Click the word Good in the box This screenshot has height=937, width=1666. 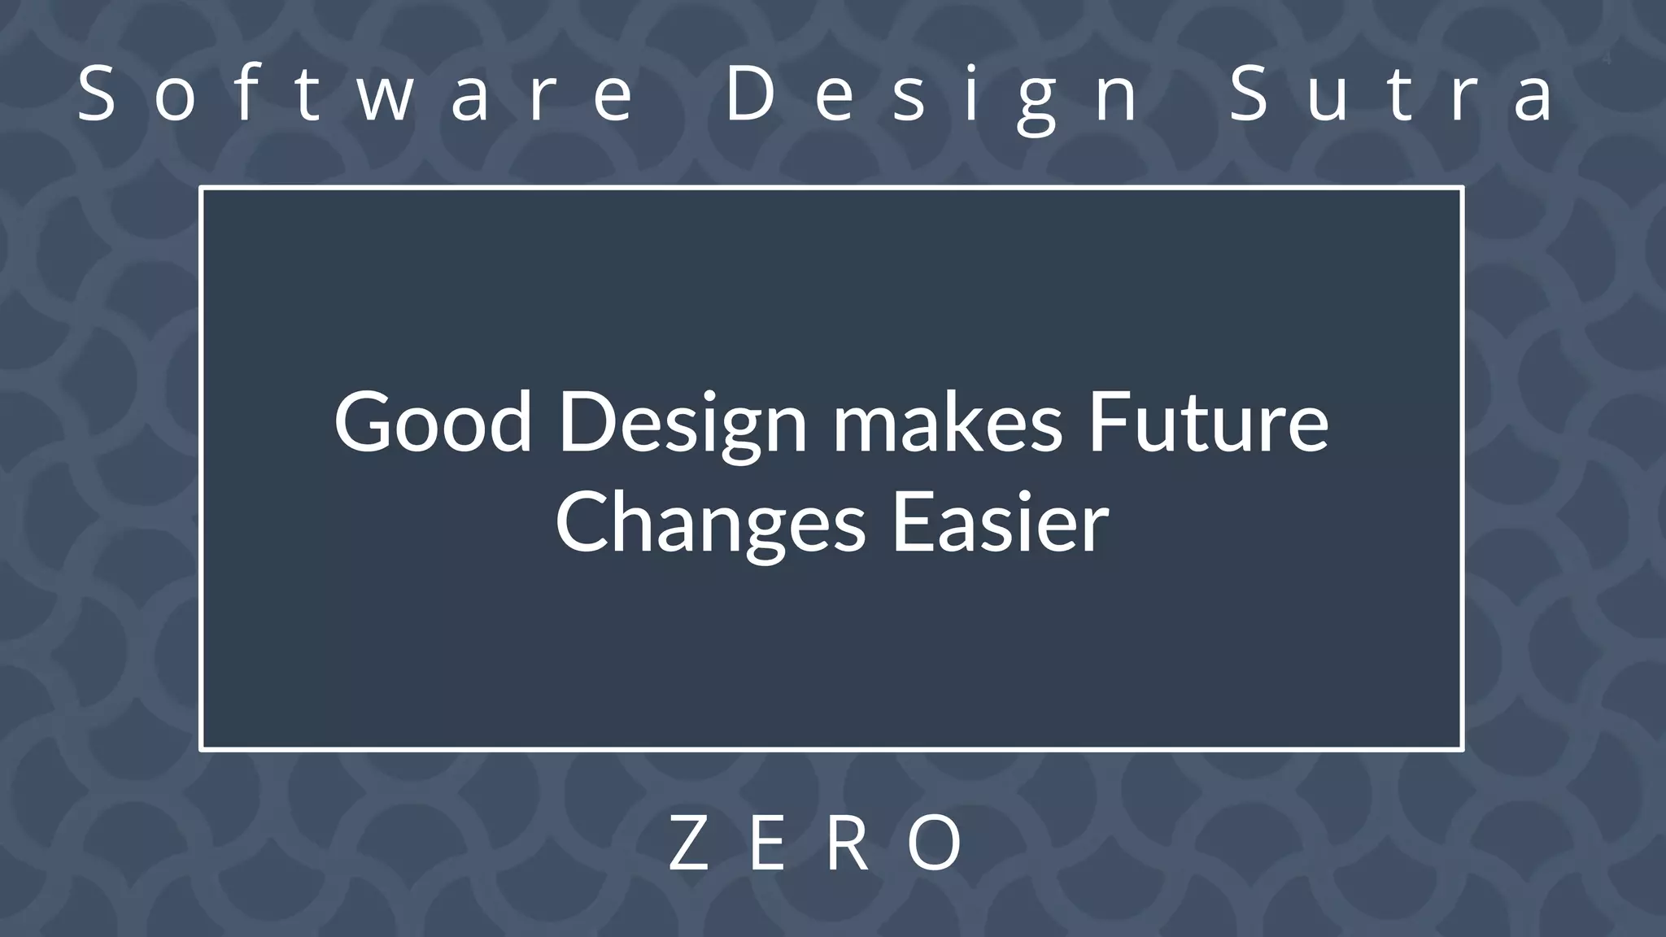click(x=433, y=422)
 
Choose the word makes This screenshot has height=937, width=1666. click(x=947, y=422)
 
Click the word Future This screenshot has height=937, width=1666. click(x=1208, y=422)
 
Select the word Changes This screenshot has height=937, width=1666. click(x=710, y=525)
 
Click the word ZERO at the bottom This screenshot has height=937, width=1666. click(x=817, y=843)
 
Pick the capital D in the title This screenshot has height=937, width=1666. click(x=748, y=94)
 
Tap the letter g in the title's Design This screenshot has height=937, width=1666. click(x=1036, y=102)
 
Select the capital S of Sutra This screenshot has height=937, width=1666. click(x=1249, y=94)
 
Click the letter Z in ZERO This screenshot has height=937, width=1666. click(x=687, y=843)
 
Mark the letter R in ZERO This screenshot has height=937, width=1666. click(x=848, y=843)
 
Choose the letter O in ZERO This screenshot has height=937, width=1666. click(x=936, y=843)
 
